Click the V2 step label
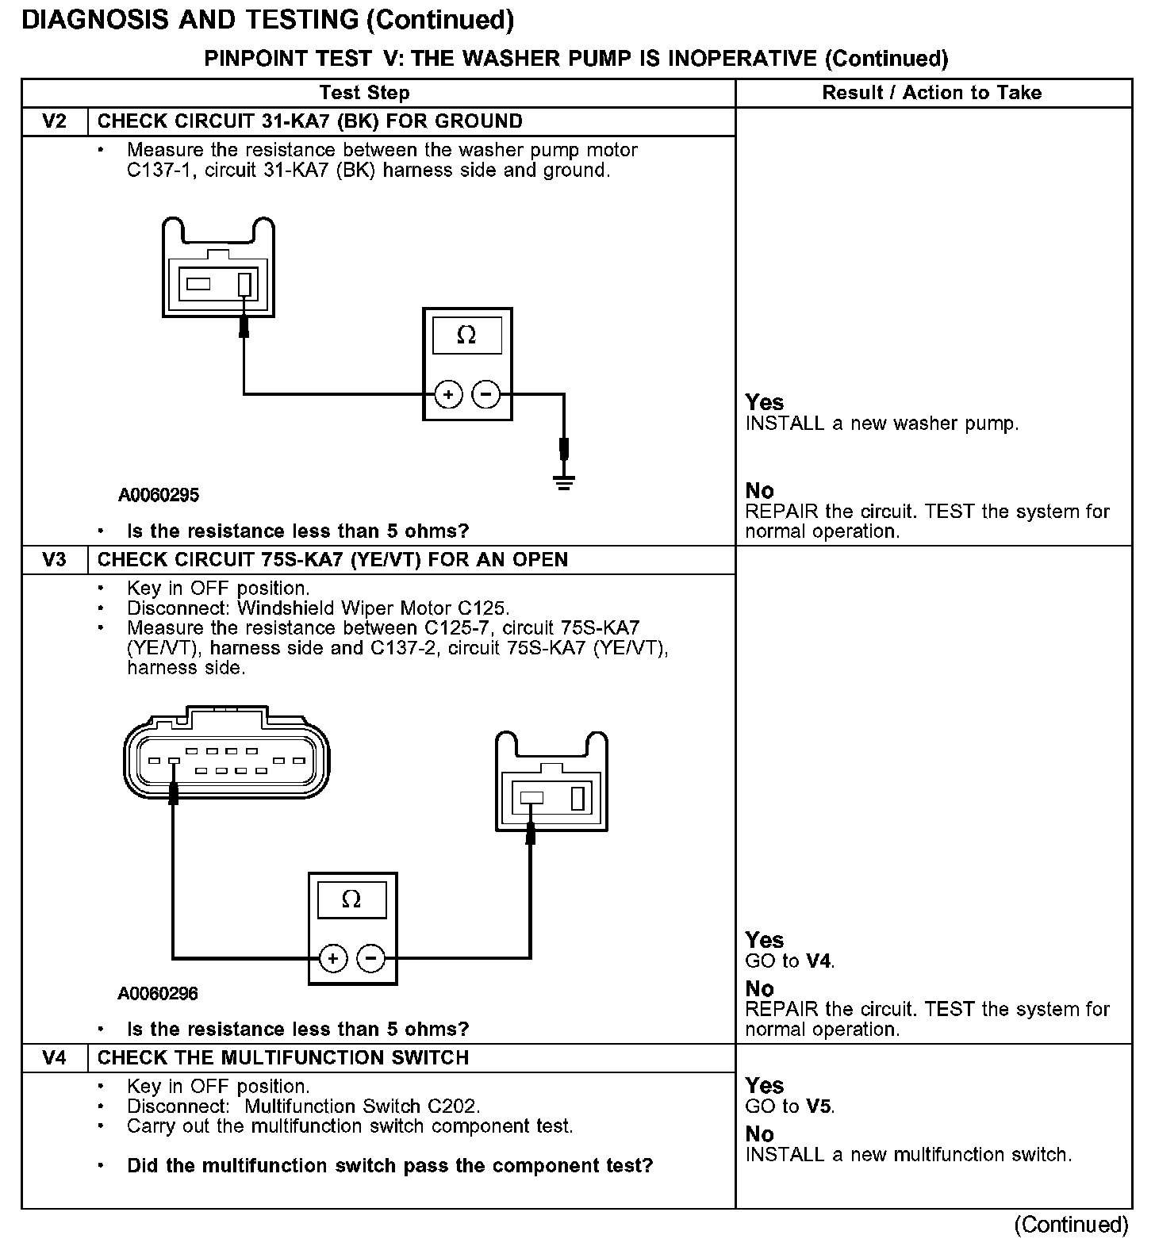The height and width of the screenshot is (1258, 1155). [x=54, y=121]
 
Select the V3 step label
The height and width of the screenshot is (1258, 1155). [x=54, y=560]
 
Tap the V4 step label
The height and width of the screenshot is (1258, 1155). [x=54, y=1058]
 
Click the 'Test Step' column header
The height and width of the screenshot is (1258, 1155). [x=364, y=93]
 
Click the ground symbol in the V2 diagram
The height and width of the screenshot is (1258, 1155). [x=563, y=481]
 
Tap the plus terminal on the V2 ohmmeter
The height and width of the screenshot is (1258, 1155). [x=448, y=394]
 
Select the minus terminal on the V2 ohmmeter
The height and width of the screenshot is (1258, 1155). [x=486, y=394]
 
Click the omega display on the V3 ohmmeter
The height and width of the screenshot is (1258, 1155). [x=351, y=900]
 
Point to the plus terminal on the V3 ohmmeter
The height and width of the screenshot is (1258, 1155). [x=333, y=959]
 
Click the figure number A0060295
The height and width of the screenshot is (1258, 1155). [x=159, y=496]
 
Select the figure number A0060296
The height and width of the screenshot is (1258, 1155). [x=158, y=994]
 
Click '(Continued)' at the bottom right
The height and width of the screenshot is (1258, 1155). [x=1071, y=1225]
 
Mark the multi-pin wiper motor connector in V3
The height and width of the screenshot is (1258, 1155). [x=227, y=757]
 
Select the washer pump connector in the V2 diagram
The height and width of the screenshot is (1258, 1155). [x=218, y=270]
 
